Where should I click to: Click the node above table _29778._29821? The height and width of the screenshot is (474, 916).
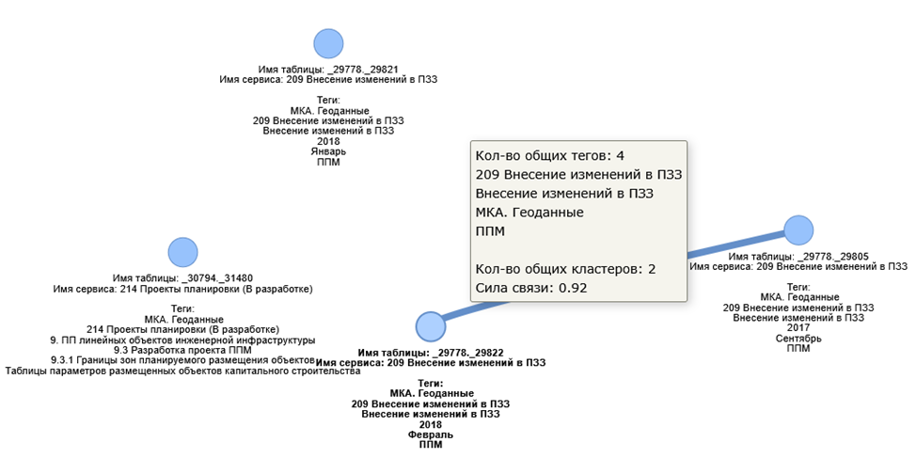click(x=328, y=43)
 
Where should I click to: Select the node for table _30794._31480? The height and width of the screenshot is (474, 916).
click(x=182, y=252)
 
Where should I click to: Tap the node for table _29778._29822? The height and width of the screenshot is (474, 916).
click(x=430, y=326)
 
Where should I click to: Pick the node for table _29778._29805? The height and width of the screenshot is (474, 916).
click(x=798, y=229)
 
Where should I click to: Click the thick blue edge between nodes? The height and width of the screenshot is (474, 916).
click(x=734, y=245)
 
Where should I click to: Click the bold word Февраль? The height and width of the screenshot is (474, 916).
click(x=431, y=434)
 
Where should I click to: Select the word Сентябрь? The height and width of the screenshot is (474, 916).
click(x=798, y=338)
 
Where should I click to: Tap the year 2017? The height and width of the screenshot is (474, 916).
click(x=798, y=327)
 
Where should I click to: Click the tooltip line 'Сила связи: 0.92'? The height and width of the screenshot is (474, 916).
click(x=531, y=287)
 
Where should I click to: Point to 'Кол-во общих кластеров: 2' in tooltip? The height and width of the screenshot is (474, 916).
click(x=565, y=268)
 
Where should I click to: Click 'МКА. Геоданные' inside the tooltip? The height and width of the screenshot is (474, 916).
click(x=529, y=212)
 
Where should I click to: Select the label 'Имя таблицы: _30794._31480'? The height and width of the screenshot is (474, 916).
click(x=182, y=278)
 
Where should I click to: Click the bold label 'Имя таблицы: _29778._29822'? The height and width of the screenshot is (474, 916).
click(x=431, y=353)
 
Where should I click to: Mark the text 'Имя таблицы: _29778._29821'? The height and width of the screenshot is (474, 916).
click(x=328, y=70)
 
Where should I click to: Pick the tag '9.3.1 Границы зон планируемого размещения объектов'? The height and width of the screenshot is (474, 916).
click(x=182, y=360)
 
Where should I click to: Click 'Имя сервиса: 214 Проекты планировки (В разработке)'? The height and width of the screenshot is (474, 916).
click(x=182, y=289)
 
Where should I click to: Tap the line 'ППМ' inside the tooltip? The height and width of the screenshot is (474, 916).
click(x=492, y=230)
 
